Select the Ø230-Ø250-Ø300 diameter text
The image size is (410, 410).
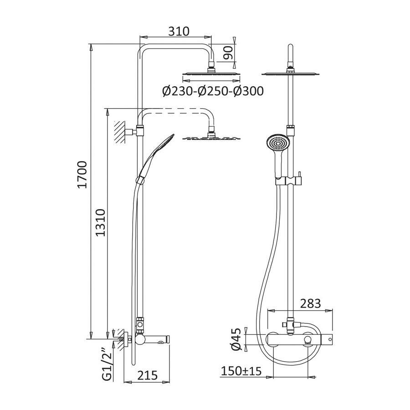pyautogui.click(x=213, y=91)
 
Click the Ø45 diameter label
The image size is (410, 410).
pyautogui.click(x=236, y=339)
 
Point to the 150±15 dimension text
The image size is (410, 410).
pyautogui.click(x=241, y=371)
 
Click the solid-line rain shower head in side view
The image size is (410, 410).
pyautogui.click(x=210, y=73)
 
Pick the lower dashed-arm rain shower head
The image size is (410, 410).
pyautogui.click(x=210, y=138)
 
